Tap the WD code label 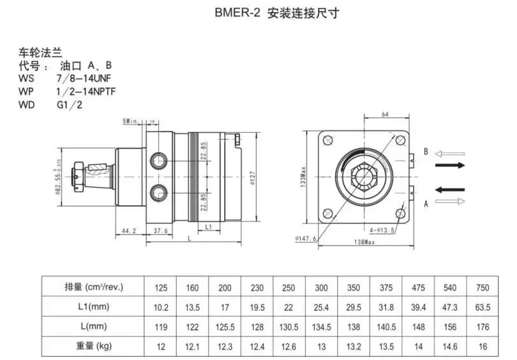point(27,104)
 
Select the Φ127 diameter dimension point(253,177)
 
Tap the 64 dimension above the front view point(385,115)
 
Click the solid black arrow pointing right point(450,164)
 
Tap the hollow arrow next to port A point(451,201)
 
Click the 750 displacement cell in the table point(483,288)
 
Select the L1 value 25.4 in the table point(322,308)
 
